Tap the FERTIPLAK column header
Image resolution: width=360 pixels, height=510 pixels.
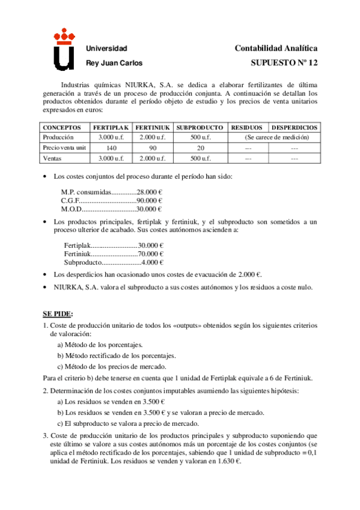point(111,127)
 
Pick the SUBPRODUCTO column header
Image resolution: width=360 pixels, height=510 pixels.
point(200,127)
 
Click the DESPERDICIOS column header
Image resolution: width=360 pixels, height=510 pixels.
point(294,127)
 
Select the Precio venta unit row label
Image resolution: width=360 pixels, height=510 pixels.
point(64,147)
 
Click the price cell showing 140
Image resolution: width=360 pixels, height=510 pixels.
point(111,147)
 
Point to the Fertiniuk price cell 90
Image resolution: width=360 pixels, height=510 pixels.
point(153,147)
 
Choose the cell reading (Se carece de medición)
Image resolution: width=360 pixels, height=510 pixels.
point(273,137)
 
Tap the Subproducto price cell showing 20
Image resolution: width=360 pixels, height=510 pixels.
point(200,147)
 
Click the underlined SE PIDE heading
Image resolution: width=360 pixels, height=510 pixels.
point(57,314)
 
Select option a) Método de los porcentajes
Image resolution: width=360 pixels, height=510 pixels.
point(100,345)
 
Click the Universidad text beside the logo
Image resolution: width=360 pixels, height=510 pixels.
point(107,48)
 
